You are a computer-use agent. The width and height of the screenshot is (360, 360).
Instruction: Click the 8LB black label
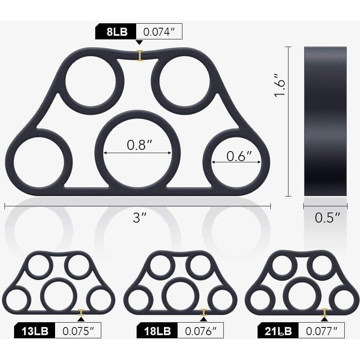coord(116,32)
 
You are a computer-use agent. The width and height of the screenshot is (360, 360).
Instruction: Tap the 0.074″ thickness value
coord(159,32)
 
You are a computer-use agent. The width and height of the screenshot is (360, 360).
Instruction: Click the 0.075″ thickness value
coord(78,331)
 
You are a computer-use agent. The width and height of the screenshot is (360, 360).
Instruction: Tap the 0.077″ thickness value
coord(321,331)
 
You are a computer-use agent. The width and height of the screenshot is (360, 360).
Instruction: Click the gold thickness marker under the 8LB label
coord(140,55)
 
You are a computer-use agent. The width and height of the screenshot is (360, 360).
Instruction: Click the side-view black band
coord(325,121)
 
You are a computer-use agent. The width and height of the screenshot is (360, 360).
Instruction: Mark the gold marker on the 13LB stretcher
coord(81,312)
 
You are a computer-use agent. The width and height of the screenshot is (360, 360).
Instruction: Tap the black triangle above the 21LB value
coord(325,319)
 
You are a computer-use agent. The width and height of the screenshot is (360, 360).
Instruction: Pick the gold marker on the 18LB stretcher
coord(204,312)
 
